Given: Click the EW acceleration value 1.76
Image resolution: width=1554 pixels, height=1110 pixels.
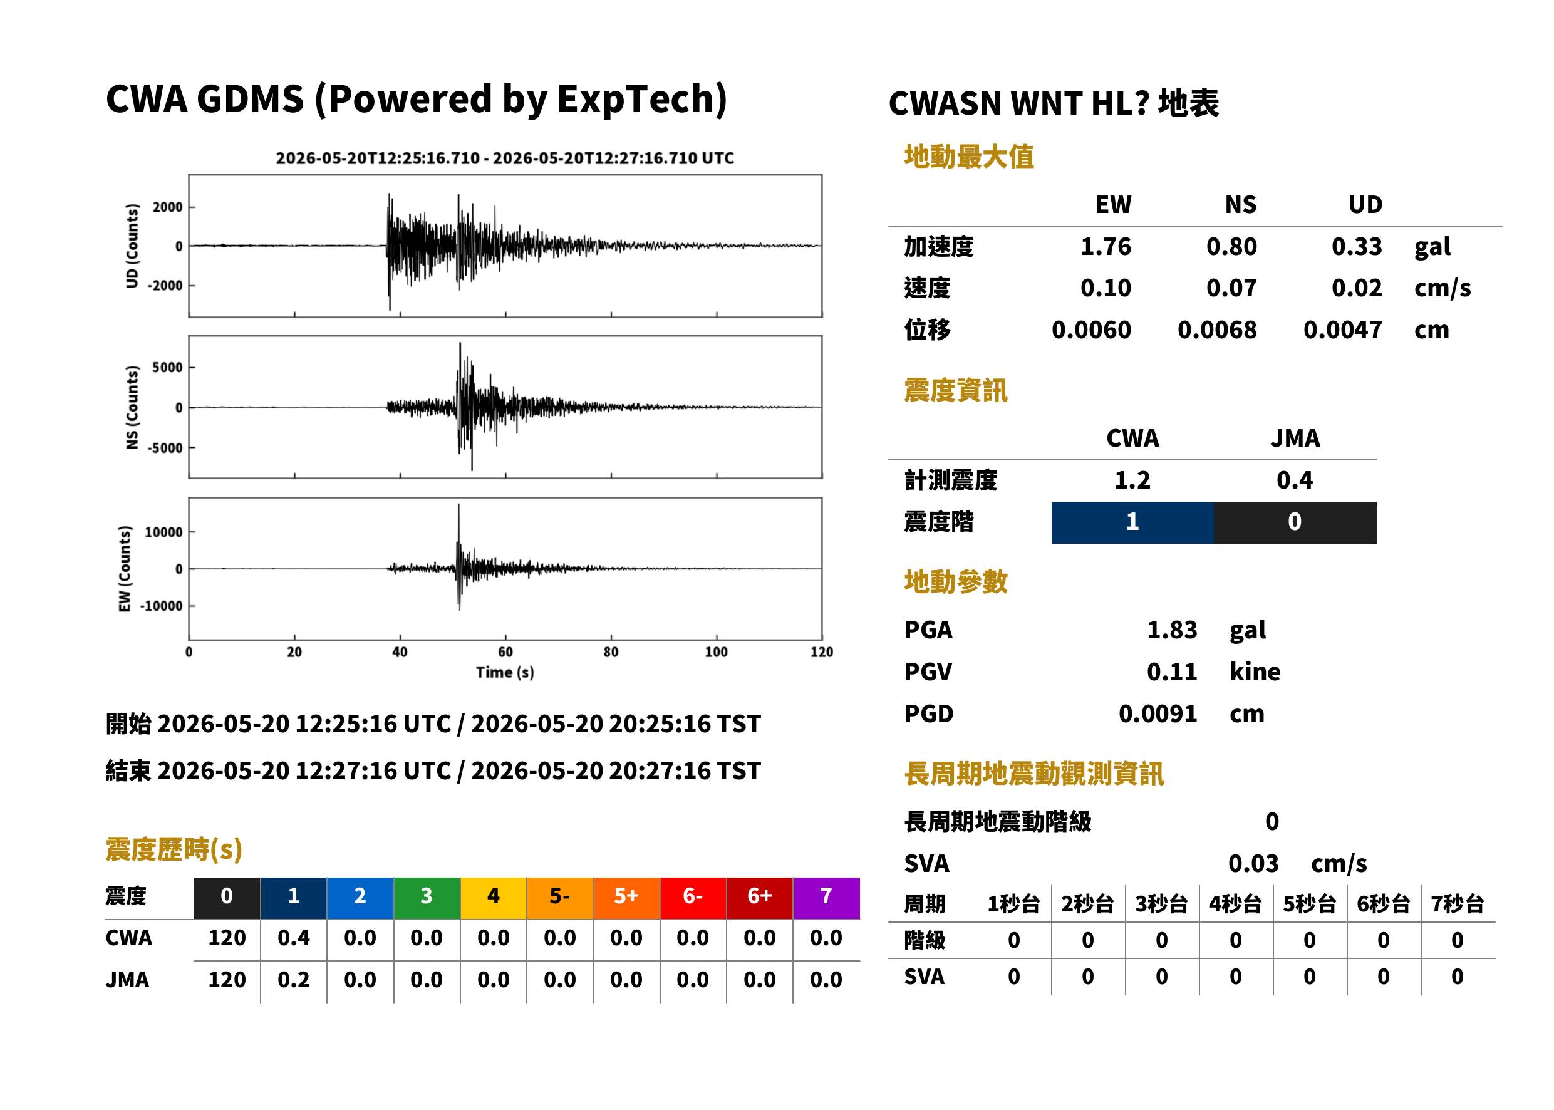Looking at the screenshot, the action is click(1105, 246).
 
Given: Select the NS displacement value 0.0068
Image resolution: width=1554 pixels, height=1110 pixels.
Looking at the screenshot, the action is click(1216, 329).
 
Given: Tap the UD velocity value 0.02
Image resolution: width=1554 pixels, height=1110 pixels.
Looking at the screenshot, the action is click(1357, 288).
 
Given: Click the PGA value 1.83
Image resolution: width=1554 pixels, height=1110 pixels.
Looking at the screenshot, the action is click(1171, 630).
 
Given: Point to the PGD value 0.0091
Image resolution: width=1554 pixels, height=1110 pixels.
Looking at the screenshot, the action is click(1158, 713).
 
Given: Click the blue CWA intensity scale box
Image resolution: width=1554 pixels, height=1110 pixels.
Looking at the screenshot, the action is click(1132, 522).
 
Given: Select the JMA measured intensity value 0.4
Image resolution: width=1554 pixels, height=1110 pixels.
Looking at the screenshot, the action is click(1294, 480).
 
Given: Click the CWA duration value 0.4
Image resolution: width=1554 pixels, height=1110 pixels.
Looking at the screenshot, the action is click(293, 938).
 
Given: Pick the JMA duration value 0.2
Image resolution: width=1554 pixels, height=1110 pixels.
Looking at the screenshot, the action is click(293, 980).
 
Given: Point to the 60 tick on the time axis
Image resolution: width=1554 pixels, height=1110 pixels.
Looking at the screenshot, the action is click(505, 652).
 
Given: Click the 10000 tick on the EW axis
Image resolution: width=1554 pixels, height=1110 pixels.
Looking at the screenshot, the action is click(163, 532).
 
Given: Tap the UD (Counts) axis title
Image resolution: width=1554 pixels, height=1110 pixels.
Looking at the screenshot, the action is click(132, 246).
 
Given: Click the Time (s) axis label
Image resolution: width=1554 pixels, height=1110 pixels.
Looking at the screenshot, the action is click(505, 673).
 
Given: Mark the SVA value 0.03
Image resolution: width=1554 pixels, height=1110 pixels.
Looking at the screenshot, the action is click(1253, 863).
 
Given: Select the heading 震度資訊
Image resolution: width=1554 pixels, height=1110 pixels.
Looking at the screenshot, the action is click(955, 390).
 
